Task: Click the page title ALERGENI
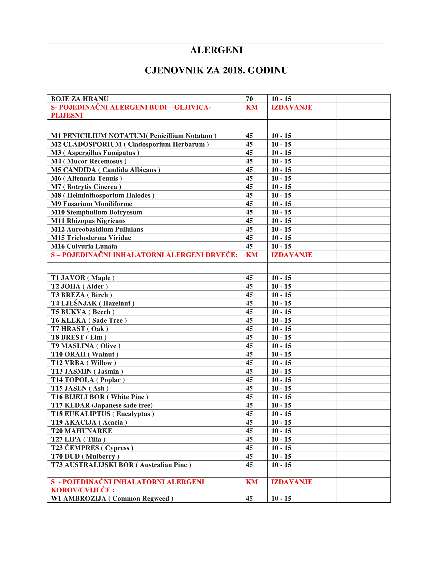[x=216, y=50]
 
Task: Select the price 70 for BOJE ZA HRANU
[x=249, y=99]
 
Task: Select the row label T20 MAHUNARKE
[x=82, y=431]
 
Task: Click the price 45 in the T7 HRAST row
[x=249, y=329]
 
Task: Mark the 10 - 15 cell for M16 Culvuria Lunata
[x=281, y=246]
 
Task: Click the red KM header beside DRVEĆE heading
[x=252, y=255]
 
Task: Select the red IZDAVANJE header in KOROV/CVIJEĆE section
[x=292, y=482]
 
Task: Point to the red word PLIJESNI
[x=67, y=116]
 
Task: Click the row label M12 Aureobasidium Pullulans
[x=97, y=229]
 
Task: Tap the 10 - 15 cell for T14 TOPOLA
[x=281, y=380]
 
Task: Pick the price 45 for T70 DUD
[x=249, y=456]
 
